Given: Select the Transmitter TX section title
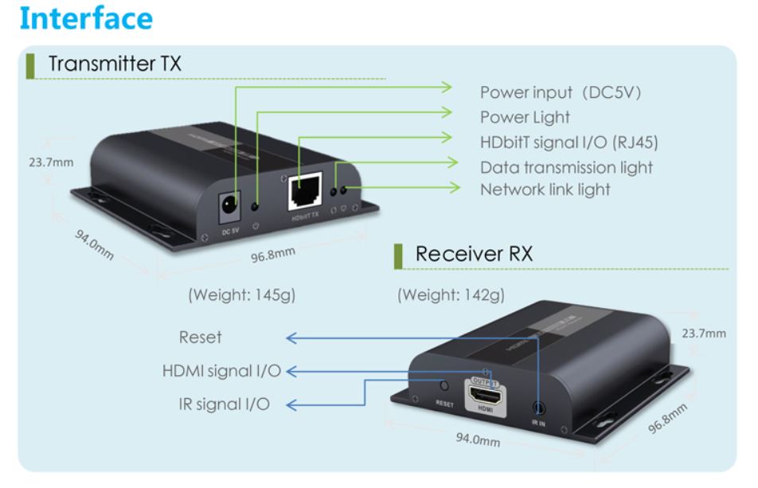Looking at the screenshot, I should point(115,64).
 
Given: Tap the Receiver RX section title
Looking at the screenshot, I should point(474,255).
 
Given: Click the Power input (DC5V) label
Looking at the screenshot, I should point(561,93).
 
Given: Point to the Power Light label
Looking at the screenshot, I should point(525,118).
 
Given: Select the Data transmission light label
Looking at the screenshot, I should point(566,167).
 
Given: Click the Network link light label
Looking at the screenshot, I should point(545,189).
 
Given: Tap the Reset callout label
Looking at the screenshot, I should point(200,337).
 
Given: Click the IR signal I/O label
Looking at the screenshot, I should point(223,404).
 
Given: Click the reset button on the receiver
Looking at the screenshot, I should point(444,385).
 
